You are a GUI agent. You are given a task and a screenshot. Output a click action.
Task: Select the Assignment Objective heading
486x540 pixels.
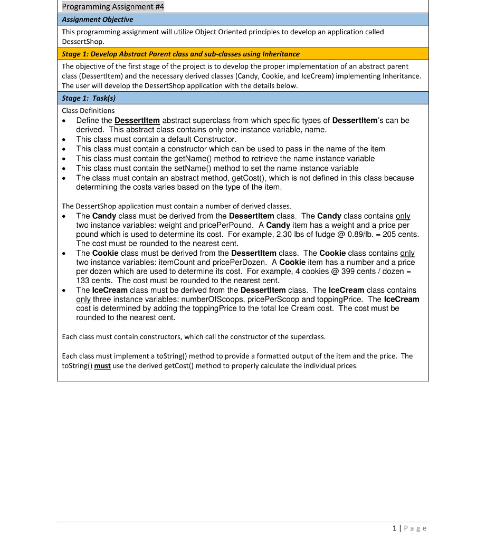[x=98, y=20]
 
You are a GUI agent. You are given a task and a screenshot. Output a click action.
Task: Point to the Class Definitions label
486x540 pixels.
[x=88, y=111]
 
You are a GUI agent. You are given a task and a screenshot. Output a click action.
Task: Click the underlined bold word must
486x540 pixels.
[x=102, y=366]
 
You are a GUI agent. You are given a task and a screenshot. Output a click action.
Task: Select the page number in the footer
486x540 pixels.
[x=395, y=528]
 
